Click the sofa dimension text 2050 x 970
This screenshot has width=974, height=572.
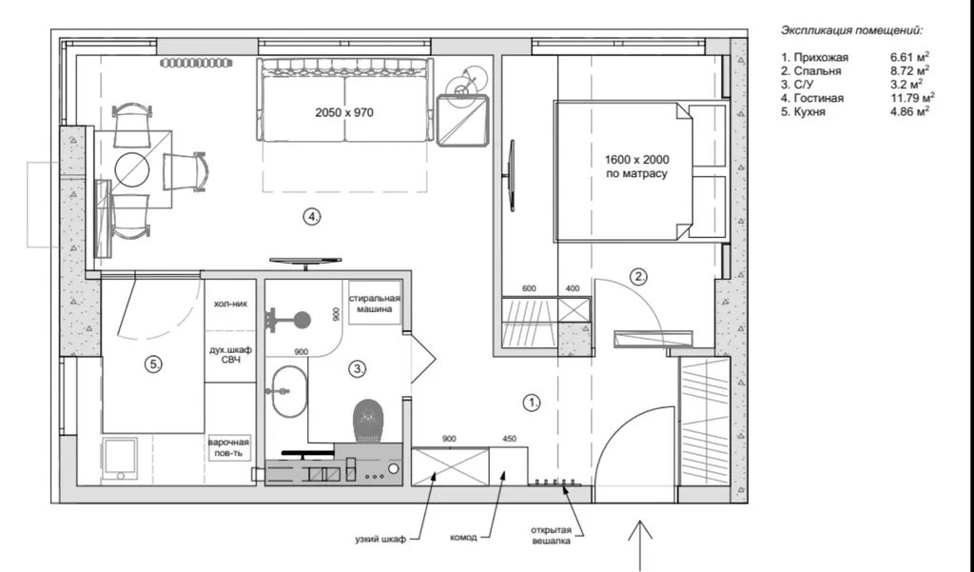tap(344, 112)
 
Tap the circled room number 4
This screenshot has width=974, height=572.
tap(312, 217)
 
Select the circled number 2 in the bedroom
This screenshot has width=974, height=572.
tap(638, 277)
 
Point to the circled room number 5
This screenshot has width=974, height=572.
tap(153, 365)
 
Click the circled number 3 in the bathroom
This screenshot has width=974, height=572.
tap(358, 368)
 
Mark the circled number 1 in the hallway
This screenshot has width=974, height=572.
tap(532, 403)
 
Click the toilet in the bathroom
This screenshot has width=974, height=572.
tap(368, 421)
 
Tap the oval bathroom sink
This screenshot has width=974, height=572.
tap(289, 391)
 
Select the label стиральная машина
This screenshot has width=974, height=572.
tap(375, 304)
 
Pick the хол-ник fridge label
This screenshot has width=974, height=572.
tap(230, 304)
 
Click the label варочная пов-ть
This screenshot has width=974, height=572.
tap(228, 447)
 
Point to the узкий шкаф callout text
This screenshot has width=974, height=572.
tap(380, 539)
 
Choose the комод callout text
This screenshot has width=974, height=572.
tap(463, 537)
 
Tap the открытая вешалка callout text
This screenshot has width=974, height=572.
tap(551, 535)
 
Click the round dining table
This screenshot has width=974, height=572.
tap(131, 169)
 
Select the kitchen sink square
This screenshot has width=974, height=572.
tap(120, 459)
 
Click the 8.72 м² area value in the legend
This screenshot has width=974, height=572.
tap(909, 70)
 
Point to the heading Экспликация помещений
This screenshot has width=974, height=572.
tap(851, 30)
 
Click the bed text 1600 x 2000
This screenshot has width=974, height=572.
tap(636, 160)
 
